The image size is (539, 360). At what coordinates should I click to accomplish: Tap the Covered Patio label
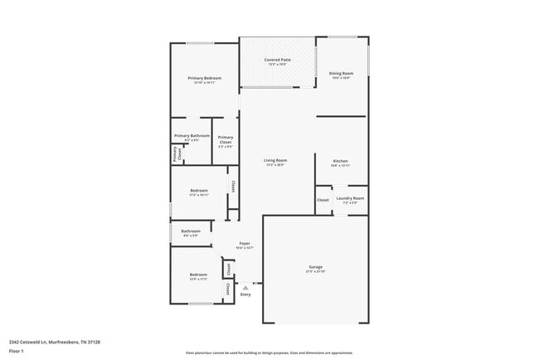[x=277, y=60]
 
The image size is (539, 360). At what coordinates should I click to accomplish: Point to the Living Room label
[x=275, y=160]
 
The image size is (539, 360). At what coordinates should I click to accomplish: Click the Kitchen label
[x=341, y=160]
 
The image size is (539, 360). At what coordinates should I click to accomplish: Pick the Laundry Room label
[x=350, y=198]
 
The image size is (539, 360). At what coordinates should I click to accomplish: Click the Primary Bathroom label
[x=192, y=135]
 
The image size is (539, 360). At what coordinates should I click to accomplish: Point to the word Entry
[x=245, y=294]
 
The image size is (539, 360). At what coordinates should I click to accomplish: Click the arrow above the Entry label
[x=245, y=287]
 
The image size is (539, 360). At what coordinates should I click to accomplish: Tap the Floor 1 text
[x=17, y=351]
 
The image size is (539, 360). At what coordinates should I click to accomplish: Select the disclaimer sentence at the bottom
[x=269, y=352]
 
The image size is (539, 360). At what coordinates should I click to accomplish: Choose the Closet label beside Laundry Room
[x=323, y=200]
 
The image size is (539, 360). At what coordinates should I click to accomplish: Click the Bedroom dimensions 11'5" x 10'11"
[x=198, y=195]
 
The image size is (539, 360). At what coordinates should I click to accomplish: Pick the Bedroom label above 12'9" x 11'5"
[x=198, y=275]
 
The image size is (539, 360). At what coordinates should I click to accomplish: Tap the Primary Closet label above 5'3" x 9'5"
[x=226, y=139]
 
